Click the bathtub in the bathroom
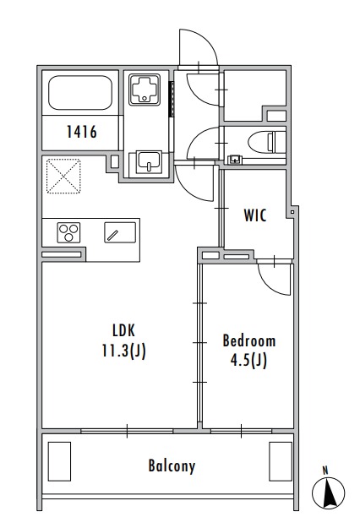(x=80, y=93)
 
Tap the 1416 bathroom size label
(x=82, y=132)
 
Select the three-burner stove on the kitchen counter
(x=69, y=232)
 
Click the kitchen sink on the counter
(x=120, y=232)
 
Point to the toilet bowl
(x=262, y=143)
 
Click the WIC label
(x=255, y=215)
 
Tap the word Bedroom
(x=249, y=340)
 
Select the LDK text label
(x=123, y=330)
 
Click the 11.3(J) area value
(x=123, y=351)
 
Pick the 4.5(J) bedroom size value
(x=248, y=361)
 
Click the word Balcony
(x=172, y=466)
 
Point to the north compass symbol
(x=328, y=492)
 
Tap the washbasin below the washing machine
(x=150, y=162)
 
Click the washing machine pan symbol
(x=145, y=90)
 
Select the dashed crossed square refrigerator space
(x=63, y=176)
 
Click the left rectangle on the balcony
(x=59, y=461)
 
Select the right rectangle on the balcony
(x=281, y=461)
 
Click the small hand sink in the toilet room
(x=235, y=160)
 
